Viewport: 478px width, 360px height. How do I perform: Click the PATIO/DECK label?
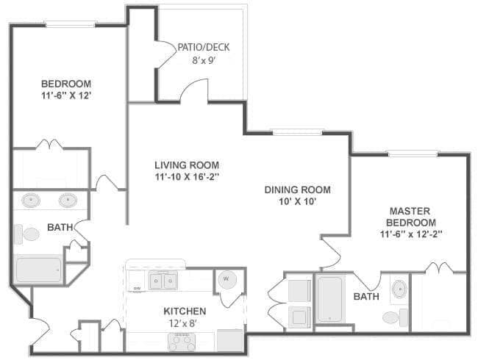pyautogui.click(x=203, y=47)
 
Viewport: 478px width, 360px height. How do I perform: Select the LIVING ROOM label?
pyautogui.click(x=186, y=165)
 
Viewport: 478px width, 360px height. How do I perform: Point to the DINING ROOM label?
pyautogui.click(x=297, y=190)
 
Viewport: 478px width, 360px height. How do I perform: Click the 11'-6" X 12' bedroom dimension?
pyautogui.click(x=66, y=96)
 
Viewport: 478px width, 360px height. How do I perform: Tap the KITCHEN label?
pyautogui.click(x=185, y=311)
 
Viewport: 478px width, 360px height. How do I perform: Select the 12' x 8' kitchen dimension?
pyautogui.click(x=185, y=323)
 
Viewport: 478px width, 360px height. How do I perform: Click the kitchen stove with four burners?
pyautogui.click(x=182, y=341)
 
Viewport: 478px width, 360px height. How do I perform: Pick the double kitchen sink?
pyautogui.click(x=163, y=281)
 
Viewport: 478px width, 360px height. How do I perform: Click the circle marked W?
pyautogui.click(x=226, y=280)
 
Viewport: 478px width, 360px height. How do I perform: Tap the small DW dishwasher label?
pyautogui.click(x=137, y=288)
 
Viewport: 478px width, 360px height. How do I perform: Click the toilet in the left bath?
pyautogui.click(x=28, y=234)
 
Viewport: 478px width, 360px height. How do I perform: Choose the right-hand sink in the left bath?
pyautogui.click(x=68, y=200)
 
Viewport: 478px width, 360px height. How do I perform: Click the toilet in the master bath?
pyautogui.click(x=394, y=317)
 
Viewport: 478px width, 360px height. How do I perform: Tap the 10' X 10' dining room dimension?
pyautogui.click(x=297, y=202)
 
